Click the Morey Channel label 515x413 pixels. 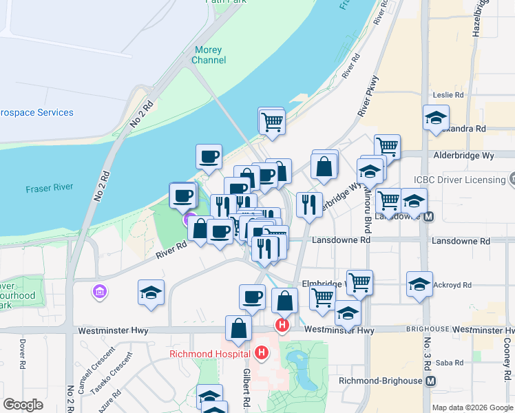pyautogui.click(x=209, y=55)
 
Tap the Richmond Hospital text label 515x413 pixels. pyautogui.click(x=209, y=355)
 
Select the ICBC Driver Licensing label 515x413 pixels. pyautogui.click(x=459, y=180)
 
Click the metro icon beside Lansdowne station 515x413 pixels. pyautogui.click(x=428, y=215)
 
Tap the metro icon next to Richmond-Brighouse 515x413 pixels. pyautogui.click(x=431, y=381)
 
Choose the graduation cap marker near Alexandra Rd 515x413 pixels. pyautogui.click(x=436, y=118)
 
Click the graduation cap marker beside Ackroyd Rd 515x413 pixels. pyautogui.click(x=419, y=284)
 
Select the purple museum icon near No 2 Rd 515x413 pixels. pyautogui.click(x=101, y=293)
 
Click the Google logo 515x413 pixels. pyautogui.click(x=23, y=405)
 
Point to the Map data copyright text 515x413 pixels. pyautogui.click(x=472, y=407)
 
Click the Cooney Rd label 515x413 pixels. pyautogui.click(x=507, y=351)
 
